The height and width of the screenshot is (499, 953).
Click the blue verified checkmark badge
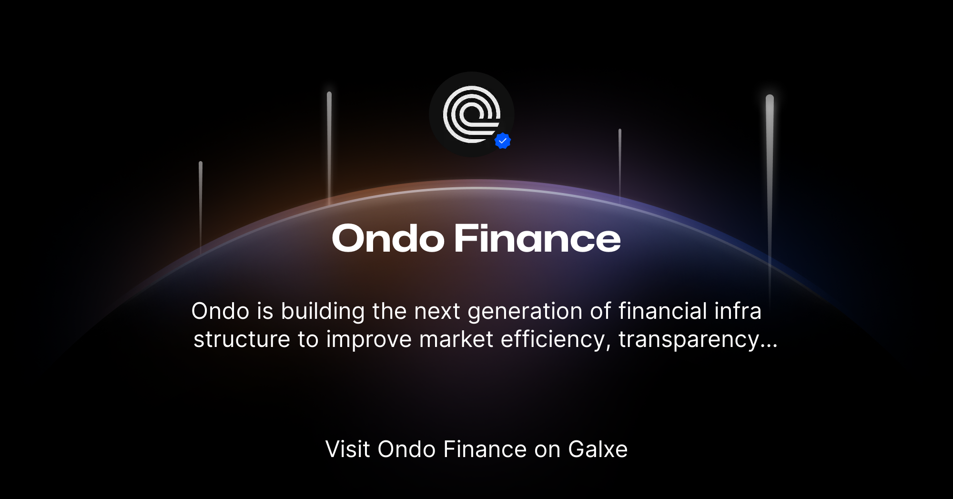(503, 141)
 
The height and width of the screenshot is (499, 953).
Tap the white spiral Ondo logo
(471, 114)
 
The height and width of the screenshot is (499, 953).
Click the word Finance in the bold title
(537, 238)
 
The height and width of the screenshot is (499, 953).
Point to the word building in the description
(323, 312)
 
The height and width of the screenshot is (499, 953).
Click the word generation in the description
(525, 312)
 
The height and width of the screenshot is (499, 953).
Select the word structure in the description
(242, 340)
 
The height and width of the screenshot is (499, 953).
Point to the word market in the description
(456, 340)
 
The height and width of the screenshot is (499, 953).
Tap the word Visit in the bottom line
(347, 449)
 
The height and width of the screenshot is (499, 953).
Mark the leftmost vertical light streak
(201, 205)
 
